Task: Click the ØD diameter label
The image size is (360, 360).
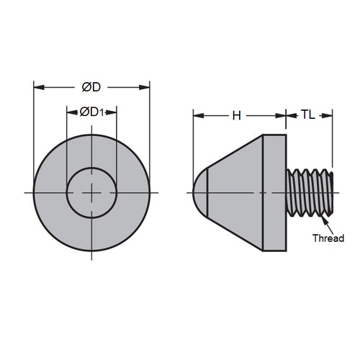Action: point(91,87)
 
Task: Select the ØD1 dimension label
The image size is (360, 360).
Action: point(91,112)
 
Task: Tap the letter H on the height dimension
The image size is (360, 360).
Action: point(236,114)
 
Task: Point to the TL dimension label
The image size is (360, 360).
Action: point(307,114)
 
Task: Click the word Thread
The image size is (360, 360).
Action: point(328,238)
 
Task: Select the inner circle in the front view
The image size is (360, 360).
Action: point(91,192)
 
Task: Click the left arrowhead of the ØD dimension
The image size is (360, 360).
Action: point(38,87)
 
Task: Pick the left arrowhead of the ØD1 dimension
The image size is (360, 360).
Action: point(71,112)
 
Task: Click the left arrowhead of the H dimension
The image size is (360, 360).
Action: point(197,114)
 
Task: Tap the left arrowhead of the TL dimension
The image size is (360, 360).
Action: point(290,114)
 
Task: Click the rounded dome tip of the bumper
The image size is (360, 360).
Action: point(200,192)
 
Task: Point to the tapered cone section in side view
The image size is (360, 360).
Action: point(234,192)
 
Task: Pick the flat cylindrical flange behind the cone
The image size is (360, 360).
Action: point(274,192)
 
